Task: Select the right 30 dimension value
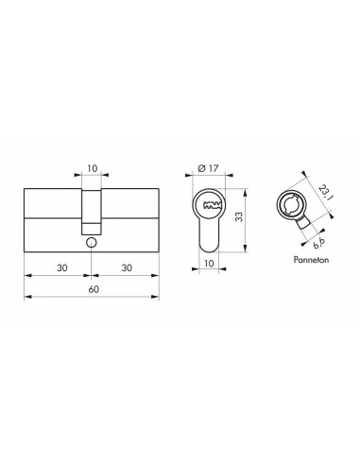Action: (124, 267)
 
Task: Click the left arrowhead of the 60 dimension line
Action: (26, 297)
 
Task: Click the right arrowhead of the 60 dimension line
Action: (156, 297)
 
